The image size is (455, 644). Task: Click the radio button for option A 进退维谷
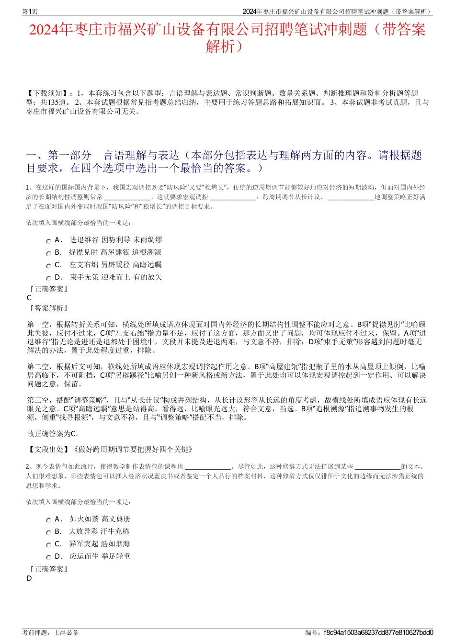point(48,241)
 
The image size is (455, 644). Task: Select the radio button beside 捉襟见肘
point(48,254)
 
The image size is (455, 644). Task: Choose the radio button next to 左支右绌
point(48,266)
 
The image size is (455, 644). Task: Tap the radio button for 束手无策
point(48,279)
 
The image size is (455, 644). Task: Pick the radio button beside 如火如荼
point(48,520)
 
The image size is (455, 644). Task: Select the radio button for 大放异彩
point(48,533)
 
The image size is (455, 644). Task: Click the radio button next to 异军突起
point(48,545)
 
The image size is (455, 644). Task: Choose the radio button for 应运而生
point(48,558)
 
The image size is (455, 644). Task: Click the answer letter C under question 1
point(29,298)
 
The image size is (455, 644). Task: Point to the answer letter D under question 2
point(29,578)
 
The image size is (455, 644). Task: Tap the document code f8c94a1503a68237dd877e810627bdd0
point(378,633)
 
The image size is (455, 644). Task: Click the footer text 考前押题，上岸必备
point(50,633)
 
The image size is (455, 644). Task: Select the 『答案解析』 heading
point(48,308)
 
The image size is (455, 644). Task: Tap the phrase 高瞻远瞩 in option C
point(148,264)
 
